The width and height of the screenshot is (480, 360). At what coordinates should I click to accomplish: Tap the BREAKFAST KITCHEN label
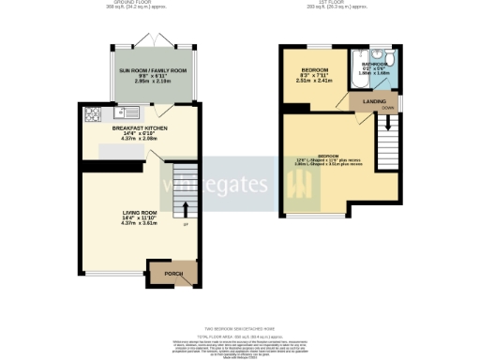pos(141,132)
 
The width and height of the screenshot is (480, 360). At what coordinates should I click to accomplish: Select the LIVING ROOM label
pos(141,213)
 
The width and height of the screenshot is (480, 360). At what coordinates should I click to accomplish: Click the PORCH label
pos(173,274)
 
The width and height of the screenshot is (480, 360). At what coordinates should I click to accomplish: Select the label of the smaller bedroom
pos(314,70)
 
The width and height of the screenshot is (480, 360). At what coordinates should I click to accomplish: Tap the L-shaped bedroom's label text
pos(329,156)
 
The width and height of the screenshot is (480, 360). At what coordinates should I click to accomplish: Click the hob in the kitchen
pos(94,115)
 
